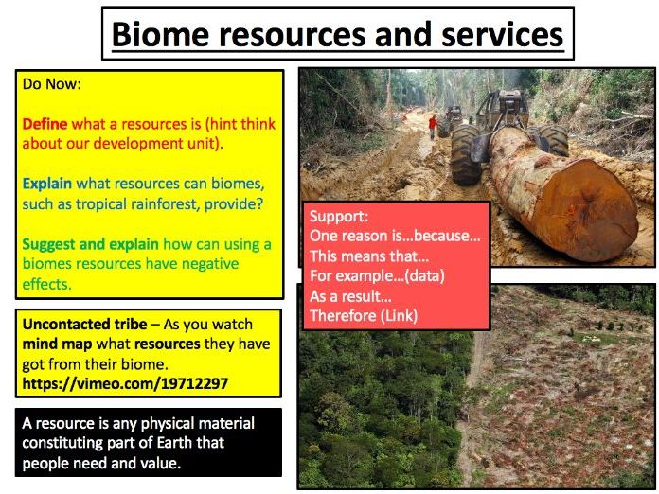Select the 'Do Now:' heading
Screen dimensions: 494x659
[x=51, y=84]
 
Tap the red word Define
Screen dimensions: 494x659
[x=45, y=124]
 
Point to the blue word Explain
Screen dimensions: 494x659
[x=47, y=183]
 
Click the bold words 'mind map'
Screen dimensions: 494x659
[x=56, y=344]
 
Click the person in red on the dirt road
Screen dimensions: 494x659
[x=433, y=126]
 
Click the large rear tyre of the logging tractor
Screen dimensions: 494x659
[x=467, y=153]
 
